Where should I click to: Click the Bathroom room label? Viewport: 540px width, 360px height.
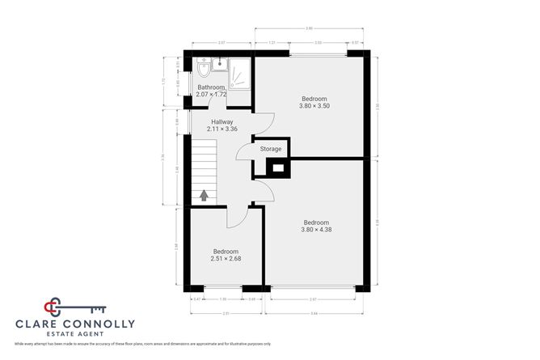click(211, 87)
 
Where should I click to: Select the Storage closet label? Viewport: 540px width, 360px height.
click(270, 149)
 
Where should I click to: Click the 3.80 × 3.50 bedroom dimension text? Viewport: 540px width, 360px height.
click(314, 106)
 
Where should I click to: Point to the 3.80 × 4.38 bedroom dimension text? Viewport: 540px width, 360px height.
click(316, 230)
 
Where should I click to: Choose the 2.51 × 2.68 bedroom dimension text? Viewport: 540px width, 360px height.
click(226, 259)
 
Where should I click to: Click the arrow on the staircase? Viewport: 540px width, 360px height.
click(204, 195)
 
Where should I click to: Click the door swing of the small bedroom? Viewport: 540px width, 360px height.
click(237, 218)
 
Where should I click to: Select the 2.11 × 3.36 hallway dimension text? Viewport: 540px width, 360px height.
click(221, 129)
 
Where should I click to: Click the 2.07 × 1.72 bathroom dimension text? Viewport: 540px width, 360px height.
click(211, 95)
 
